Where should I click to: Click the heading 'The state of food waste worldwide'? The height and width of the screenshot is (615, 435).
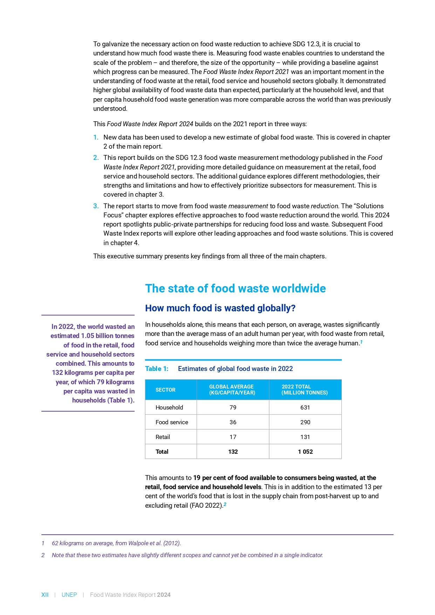tap(235, 289)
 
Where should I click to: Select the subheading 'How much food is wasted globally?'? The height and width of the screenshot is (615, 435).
tap(220, 308)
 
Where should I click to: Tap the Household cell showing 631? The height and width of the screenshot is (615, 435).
tap(305, 407)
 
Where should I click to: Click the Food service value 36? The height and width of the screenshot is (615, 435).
tap(233, 422)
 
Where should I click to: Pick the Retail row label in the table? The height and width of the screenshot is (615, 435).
tap(163, 437)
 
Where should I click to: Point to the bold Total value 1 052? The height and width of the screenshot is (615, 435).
tap(305, 452)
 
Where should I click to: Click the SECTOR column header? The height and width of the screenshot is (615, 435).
tap(165, 390)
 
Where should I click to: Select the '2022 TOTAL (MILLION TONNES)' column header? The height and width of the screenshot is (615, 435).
tap(304, 390)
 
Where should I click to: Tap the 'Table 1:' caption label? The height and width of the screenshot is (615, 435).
tap(157, 369)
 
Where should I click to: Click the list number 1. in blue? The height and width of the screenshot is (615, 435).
tap(96, 137)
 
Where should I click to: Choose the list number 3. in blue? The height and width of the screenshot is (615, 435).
tap(96, 206)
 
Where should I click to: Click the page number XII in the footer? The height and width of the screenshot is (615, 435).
tap(45, 595)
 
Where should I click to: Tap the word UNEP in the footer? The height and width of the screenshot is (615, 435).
tap(69, 595)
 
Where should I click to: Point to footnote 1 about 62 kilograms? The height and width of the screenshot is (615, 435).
tap(116, 543)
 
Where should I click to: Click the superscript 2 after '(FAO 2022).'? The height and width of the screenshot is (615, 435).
tap(225, 504)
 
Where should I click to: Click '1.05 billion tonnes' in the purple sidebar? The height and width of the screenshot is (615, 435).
tap(108, 336)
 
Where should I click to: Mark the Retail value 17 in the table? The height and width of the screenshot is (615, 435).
tap(233, 437)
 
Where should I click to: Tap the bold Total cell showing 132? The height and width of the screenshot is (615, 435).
tap(233, 452)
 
